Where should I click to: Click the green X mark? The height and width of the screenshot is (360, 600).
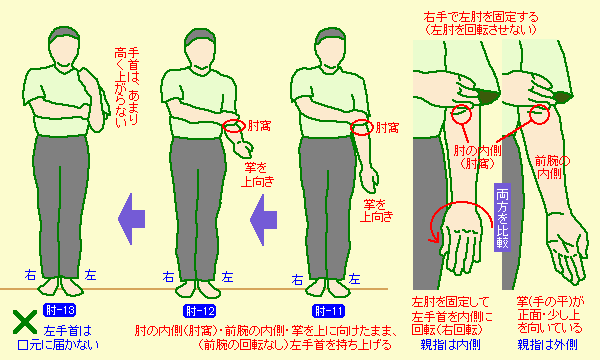click(x=25, y=322)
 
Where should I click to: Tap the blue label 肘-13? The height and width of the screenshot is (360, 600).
click(x=60, y=310)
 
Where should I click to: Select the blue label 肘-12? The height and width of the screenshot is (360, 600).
click(x=199, y=311)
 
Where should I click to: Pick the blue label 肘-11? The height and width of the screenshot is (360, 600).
click(x=329, y=311)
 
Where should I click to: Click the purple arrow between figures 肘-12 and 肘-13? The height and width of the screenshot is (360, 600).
click(x=132, y=219)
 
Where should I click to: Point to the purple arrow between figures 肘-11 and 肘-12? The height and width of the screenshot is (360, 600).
click(x=263, y=220)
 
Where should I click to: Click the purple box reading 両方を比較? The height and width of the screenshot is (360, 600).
click(x=502, y=217)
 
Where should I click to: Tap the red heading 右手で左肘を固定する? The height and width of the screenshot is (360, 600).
click(x=481, y=17)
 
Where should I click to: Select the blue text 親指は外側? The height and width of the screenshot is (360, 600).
click(x=548, y=345)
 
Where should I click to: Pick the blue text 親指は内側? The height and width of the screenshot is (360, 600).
click(x=451, y=345)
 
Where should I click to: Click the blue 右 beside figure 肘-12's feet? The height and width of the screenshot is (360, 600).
click(x=168, y=277)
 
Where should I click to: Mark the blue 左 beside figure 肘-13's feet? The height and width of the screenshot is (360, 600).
click(x=90, y=275)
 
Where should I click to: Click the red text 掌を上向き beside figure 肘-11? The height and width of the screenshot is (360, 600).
click(x=377, y=211)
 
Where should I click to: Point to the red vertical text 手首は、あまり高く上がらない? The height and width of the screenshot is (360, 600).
click(x=126, y=88)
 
